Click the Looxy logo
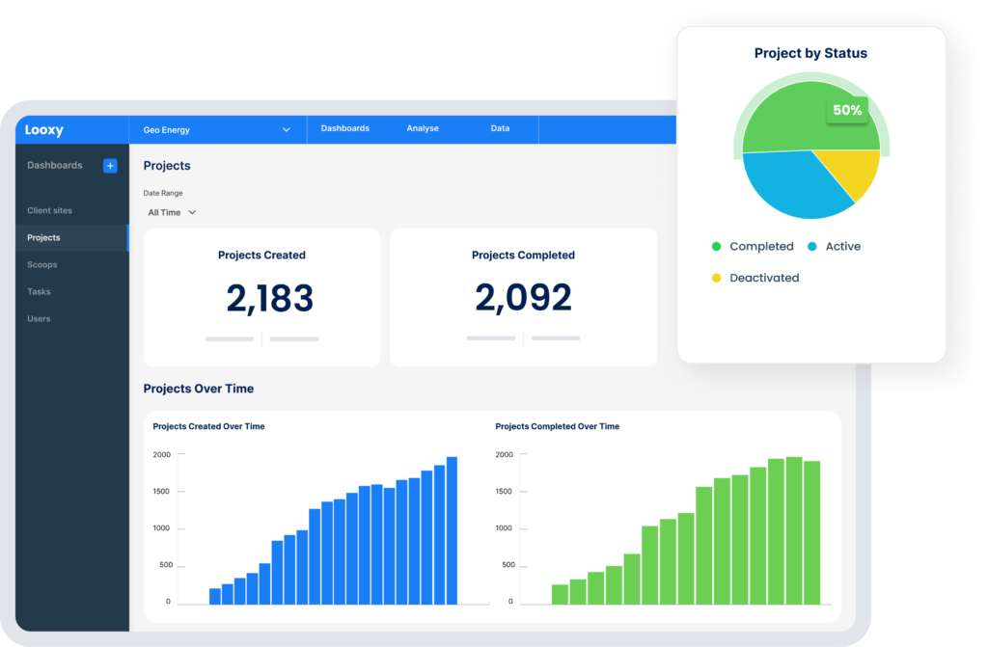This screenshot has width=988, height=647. coord(44,128)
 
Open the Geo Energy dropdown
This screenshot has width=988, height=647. coord(217,129)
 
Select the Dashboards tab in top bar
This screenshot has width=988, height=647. coord(344,128)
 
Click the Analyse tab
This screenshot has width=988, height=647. coord(423,128)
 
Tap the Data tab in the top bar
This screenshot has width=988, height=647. coord(500,128)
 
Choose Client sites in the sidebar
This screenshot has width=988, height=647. coord(49,210)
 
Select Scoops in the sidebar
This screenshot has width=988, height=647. coord(42,264)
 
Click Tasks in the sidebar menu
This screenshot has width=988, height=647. coord(39,291)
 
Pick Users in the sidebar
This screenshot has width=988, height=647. coord(39,318)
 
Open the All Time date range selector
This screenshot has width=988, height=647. coord(172,212)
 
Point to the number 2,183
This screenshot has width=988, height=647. coord(269,299)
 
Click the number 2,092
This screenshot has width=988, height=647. coord(523,298)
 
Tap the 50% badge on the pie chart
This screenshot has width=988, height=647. coord(847,111)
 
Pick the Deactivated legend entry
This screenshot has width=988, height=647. coord(763,278)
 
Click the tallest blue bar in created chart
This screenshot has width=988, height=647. coord(452,530)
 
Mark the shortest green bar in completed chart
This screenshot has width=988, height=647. coord(560,594)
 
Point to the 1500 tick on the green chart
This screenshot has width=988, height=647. coord(506,492)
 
